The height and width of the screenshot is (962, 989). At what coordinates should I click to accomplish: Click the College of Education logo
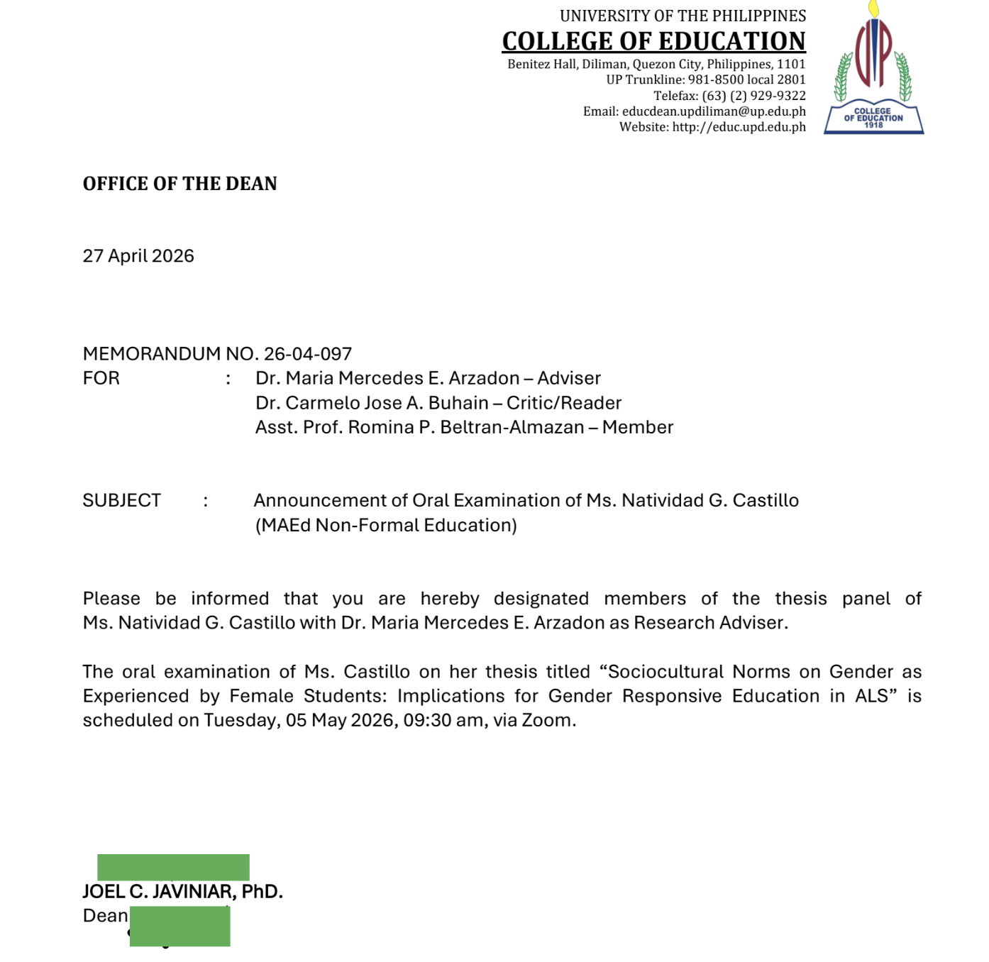click(873, 71)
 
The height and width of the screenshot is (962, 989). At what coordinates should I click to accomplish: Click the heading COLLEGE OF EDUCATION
click(653, 41)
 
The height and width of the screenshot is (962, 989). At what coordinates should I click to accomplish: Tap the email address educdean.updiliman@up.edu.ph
click(714, 111)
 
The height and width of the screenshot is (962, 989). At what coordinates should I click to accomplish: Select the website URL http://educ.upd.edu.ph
click(739, 127)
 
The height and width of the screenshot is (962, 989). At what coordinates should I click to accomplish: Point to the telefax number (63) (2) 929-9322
click(753, 96)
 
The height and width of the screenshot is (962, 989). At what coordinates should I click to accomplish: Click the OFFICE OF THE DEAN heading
click(179, 184)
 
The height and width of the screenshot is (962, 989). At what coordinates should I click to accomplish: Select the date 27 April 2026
click(138, 256)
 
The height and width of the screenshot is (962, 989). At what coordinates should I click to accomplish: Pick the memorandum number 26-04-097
click(308, 354)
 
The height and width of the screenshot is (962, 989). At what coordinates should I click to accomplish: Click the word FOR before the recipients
click(101, 378)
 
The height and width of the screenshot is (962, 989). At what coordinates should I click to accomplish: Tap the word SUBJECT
click(121, 501)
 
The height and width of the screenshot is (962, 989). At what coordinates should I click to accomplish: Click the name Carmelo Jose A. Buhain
click(387, 403)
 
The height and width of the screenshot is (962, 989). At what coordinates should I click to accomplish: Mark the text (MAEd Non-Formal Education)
click(386, 525)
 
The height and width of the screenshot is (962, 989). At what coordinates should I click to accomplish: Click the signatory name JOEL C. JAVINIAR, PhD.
click(182, 892)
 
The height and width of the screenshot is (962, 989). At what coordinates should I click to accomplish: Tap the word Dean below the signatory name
click(105, 916)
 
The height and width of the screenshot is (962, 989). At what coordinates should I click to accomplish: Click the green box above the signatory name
click(173, 867)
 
